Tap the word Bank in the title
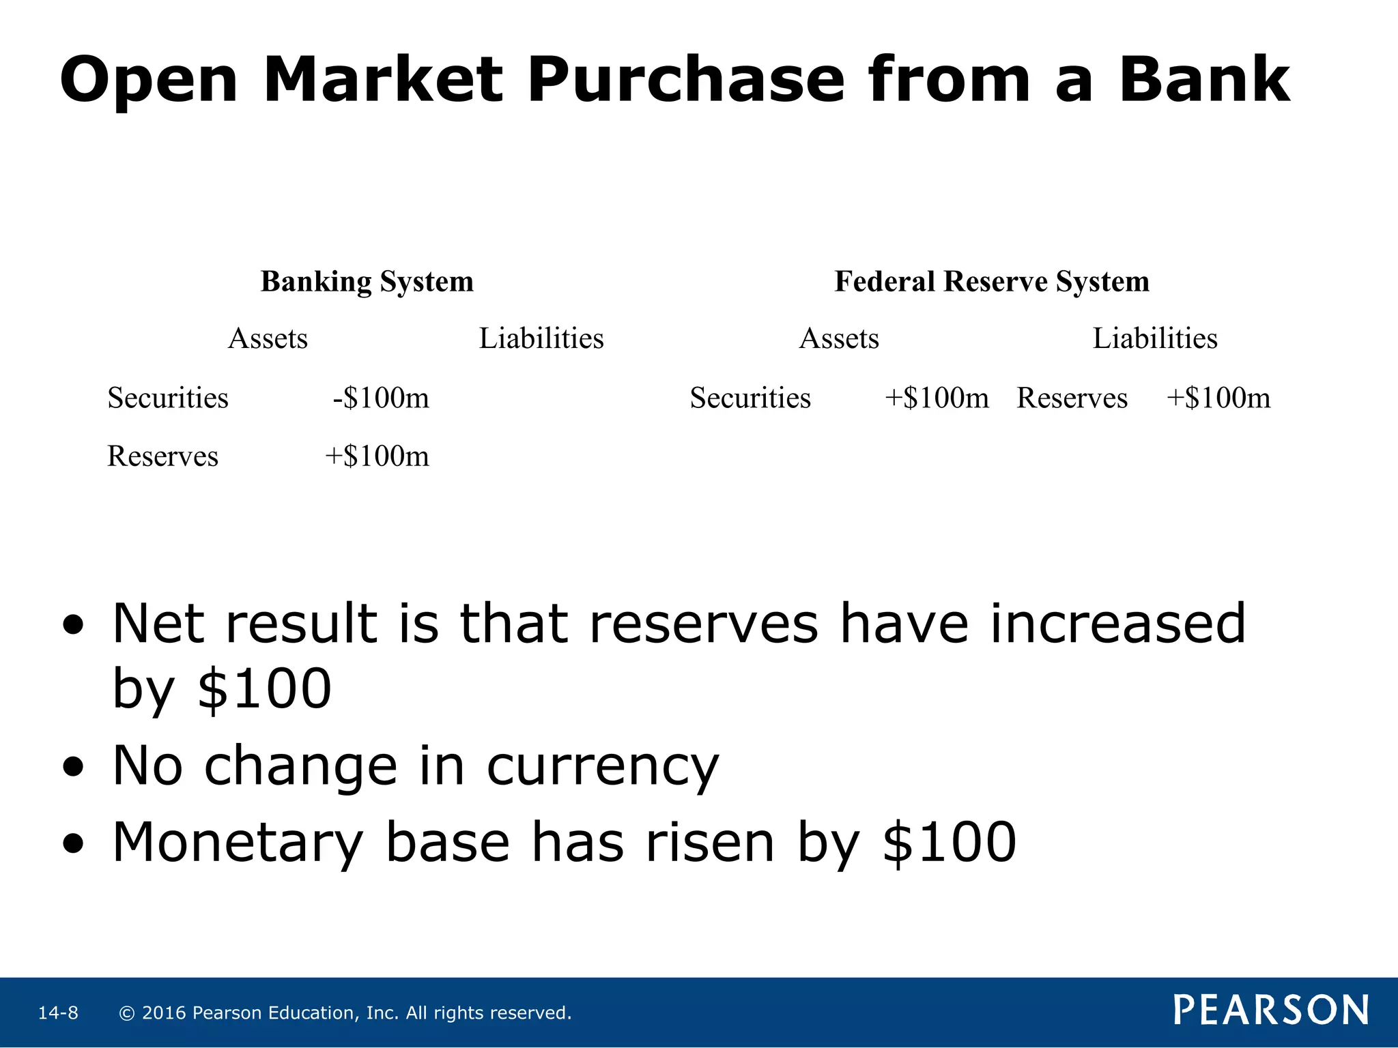pyautogui.click(x=1203, y=81)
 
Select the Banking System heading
pyautogui.click(x=367, y=282)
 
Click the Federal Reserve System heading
pyautogui.click(x=992, y=282)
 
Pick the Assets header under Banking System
pyautogui.click(x=268, y=339)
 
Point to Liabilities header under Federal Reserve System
pyautogui.click(x=1155, y=339)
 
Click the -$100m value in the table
pyautogui.click(x=381, y=398)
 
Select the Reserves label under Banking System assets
pyautogui.click(x=162, y=456)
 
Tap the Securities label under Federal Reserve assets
pyautogui.click(x=750, y=398)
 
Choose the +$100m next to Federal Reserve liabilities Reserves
pyautogui.click(x=1218, y=398)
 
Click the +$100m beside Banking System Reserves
pyautogui.click(x=377, y=456)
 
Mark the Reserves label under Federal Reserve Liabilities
pyautogui.click(x=1072, y=398)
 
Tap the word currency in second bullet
pyautogui.click(x=602, y=767)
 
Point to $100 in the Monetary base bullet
pyautogui.click(x=949, y=843)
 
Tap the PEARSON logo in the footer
pyautogui.click(x=1271, y=1010)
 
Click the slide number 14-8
pyautogui.click(x=58, y=1013)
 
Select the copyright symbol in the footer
pyautogui.click(x=126, y=1013)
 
